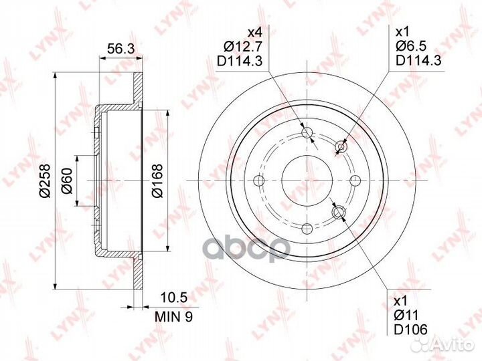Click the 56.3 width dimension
coord(120,49)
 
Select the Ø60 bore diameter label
coord(67,180)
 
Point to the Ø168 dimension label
coord(157,180)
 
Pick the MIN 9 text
coord(174,317)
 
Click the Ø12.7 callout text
coord(243,47)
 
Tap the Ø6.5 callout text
coord(412,46)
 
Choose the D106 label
coord(411,330)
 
